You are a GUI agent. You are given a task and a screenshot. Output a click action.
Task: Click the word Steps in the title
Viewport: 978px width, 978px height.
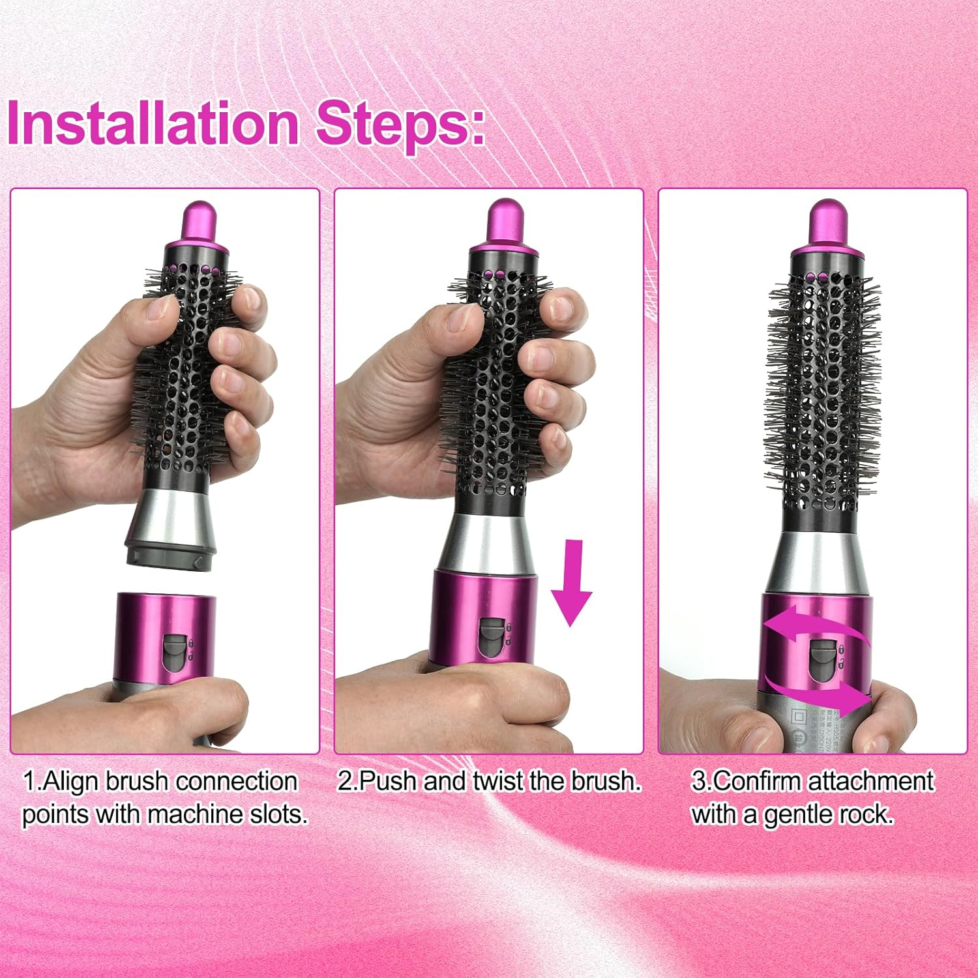click(399, 123)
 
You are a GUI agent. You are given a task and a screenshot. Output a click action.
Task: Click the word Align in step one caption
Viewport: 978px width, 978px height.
click(72, 781)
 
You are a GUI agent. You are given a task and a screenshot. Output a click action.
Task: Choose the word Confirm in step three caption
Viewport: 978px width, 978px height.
click(758, 781)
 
